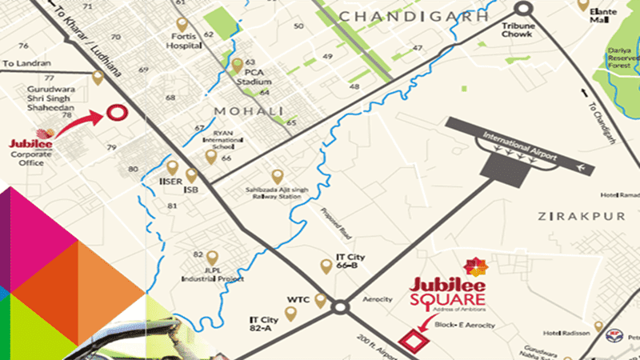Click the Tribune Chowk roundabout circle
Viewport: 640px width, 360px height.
click(x=523, y=9)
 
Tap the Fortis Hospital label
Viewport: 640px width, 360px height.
click(x=183, y=42)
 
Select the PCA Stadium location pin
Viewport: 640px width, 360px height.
click(x=237, y=64)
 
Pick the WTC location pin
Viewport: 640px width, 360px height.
click(x=322, y=301)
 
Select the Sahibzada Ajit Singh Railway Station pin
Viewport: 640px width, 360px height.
click(x=277, y=176)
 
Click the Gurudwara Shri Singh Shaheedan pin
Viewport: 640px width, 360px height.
click(x=98, y=78)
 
